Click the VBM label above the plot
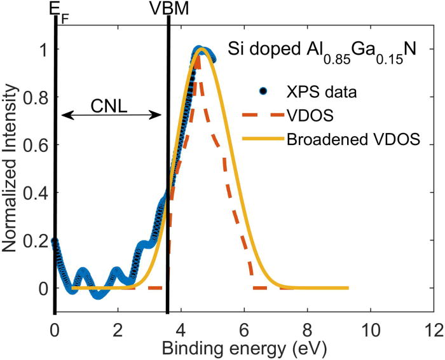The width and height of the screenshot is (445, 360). coord(167,8)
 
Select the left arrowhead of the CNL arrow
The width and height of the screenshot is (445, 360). coord(64,115)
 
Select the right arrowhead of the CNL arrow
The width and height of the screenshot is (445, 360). coord(159,115)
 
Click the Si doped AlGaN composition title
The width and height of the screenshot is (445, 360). coord(322,50)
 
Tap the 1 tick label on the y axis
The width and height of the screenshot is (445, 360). coord(43,51)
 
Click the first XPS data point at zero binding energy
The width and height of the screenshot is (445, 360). coord(55,242)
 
